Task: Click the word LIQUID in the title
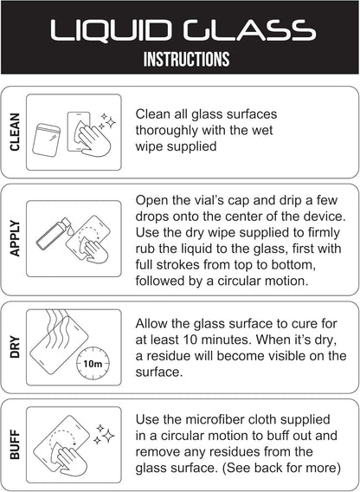(x=111, y=30)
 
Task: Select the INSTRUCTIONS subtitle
(x=186, y=59)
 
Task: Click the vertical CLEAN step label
(x=15, y=133)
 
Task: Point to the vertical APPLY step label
(x=15, y=238)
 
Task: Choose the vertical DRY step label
(x=15, y=347)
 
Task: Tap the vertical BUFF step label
(x=15, y=444)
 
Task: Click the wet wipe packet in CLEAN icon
(x=47, y=139)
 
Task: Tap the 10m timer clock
(x=93, y=364)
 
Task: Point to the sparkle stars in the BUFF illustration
(x=104, y=434)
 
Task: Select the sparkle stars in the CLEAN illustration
(x=106, y=122)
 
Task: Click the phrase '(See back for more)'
(x=281, y=468)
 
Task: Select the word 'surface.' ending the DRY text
(x=158, y=372)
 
